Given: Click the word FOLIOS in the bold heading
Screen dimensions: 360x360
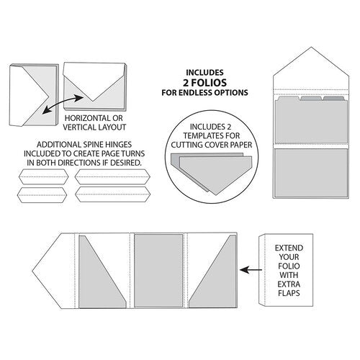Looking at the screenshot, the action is click(209, 83).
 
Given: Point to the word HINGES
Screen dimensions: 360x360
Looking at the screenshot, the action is click(118, 145).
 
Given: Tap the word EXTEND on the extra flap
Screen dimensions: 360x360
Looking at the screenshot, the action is click(289, 248).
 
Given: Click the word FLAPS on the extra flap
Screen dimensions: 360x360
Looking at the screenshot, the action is click(289, 293).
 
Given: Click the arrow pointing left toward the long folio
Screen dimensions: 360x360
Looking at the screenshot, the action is click(251, 270).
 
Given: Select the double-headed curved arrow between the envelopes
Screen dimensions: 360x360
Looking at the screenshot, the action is click(63, 104).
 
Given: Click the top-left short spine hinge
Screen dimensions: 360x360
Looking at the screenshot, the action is click(43, 177).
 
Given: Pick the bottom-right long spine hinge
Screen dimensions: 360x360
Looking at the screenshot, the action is click(112, 194).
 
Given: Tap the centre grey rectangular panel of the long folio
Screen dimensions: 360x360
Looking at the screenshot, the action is click(158, 271).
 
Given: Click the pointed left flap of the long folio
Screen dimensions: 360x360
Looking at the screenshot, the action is click(54, 271).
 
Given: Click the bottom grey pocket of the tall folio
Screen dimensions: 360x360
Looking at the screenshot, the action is click(311, 172).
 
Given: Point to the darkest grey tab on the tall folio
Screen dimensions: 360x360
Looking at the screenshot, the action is click(333, 99).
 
